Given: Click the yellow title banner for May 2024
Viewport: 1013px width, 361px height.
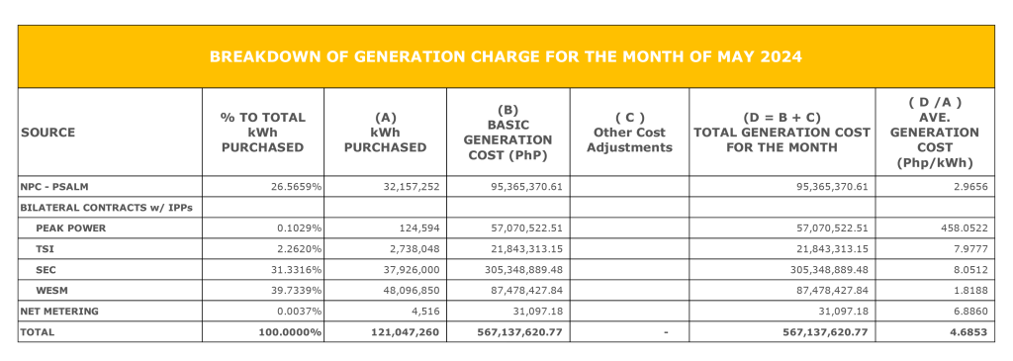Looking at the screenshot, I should pyautogui.click(x=506, y=57).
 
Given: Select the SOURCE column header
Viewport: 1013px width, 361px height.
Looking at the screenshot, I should pyautogui.click(x=47, y=133).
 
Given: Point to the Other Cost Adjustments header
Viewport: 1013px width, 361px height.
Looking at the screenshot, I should pyautogui.click(x=629, y=133).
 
